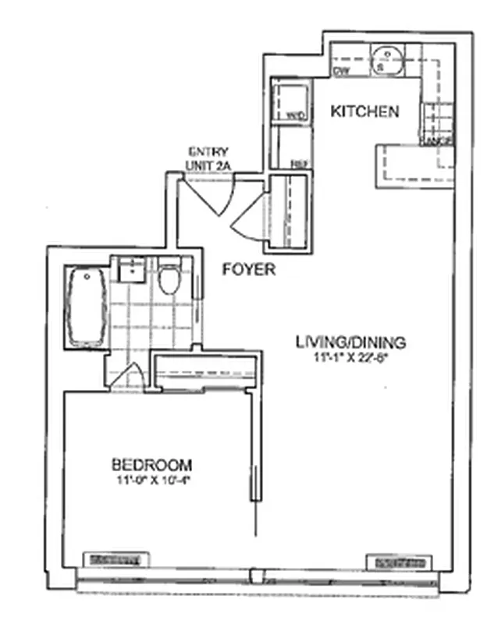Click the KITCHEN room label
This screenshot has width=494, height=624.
pyautogui.click(x=365, y=112)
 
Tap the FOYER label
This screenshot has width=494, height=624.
pyautogui.click(x=249, y=270)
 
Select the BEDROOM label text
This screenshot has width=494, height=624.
pyautogui.click(x=151, y=463)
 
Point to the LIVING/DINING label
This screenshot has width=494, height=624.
pyautogui.click(x=350, y=341)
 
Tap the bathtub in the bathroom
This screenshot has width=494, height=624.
pyautogui.click(x=86, y=307)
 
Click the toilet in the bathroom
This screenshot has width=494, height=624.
pyautogui.click(x=169, y=280)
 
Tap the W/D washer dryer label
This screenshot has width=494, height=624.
pyautogui.click(x=295, y=116)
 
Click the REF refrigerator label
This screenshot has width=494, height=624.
pyautogui.click(x=298, y=164)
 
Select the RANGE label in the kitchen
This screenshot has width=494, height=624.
pyautogui.click(x=437, y=140)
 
